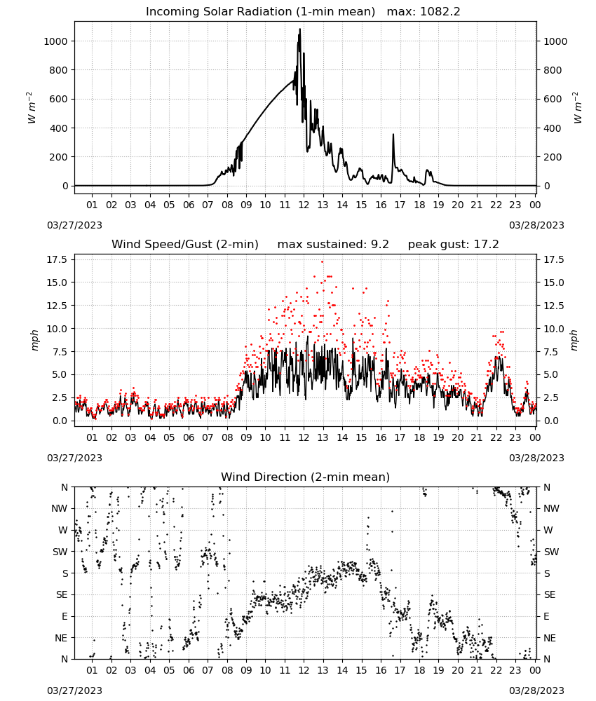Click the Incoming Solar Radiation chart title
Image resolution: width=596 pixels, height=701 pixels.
pyautogui.click(x=260, y=11)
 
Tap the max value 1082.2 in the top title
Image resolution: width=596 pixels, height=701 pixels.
pyautogui.click(x=440, y=11)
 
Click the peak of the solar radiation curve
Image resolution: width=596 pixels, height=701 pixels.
pyautogui.click(x=300, y=29)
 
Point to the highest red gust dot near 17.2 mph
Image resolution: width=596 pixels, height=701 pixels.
pyautogui.click(x=322, y=261)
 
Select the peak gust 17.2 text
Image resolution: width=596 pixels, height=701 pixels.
pyautogui.click(x=454, y=244)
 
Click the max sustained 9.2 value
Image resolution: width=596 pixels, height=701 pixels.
pyautogui.click(x=380, y=244)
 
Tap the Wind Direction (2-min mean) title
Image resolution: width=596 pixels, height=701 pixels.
pyautogui.click(x=306, y=477)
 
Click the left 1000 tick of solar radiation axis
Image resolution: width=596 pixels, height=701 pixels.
pyautogui.click(x=55, y=41)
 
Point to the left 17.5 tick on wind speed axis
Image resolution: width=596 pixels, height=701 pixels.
pyautogui.click(x=57, y=260)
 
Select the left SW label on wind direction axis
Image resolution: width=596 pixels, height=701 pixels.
pyautogui.click(x=60, y=552)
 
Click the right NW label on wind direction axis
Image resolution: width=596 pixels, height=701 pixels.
pyautogui.click(x=551, y=508)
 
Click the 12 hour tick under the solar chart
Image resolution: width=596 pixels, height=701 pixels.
pyautogui.click(x=304, y=205)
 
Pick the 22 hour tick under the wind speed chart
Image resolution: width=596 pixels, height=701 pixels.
pyautogui.click(x=496, y=437)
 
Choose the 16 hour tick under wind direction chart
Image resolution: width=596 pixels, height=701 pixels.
pyautogui.click(x=381, y=669)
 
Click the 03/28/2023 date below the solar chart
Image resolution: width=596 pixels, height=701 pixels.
pyautogui.click(x=536, y=225)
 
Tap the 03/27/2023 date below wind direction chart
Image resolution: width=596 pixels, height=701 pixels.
pyautogui.click(x=74, y=690)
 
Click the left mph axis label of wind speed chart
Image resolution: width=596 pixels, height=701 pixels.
pyautogui.click(x=34, y=340)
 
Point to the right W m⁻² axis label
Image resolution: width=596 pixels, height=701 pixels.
pyautogui.click(x=577, y=108)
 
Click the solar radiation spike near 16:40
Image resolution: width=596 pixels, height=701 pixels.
pyautogui.click(x=393, y=134)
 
